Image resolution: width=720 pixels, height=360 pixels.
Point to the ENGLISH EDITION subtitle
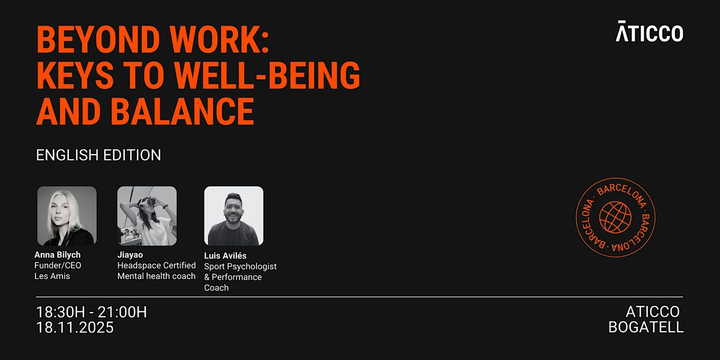(x=98, y=155)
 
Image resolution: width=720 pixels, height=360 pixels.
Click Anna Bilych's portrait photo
(x=67, y=215)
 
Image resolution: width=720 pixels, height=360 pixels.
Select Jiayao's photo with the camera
(x=147, y=215)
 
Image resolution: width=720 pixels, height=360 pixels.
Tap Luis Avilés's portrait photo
(x=233, y=215)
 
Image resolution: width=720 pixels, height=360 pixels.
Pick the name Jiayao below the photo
(x=130, y=254)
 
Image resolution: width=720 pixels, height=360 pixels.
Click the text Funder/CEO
(x=58, y=265)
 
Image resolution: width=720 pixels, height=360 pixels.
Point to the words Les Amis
(x=52, y=276)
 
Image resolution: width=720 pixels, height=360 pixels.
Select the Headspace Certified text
(x=157, y=265)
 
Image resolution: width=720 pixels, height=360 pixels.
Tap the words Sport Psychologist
(x=240, y=266)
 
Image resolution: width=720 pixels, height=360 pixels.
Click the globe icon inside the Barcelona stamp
(x=616, y=218)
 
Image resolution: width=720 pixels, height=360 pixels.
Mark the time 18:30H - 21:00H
(x=92, y=312)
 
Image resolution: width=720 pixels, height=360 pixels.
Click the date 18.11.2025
(x=75, y=328)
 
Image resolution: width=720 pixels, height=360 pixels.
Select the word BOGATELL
(x=646, y=328)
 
